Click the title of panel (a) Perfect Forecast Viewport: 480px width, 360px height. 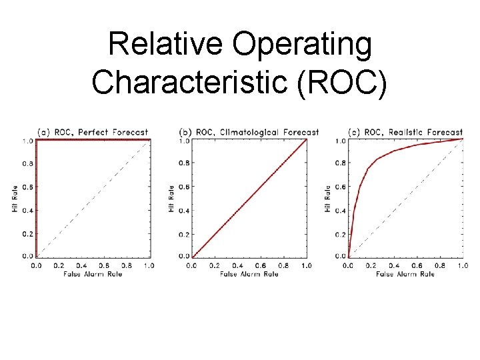93,132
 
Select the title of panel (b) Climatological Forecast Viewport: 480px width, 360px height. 249,132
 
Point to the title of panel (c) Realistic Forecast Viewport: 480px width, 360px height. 405,132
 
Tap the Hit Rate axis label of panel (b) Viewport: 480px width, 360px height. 171,199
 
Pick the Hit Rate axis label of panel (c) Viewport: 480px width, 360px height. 327,199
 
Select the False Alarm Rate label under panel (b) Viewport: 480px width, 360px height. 249,274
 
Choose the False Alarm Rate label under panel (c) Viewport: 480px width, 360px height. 405,274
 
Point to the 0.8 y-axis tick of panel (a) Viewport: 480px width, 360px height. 27,164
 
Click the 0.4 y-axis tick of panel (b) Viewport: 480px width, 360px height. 184,211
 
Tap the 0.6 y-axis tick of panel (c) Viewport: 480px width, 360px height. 340,187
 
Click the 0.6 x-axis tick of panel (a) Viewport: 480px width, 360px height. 104,265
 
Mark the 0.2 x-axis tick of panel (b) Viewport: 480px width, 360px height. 215,265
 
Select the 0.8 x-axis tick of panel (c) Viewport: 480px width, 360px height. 439,265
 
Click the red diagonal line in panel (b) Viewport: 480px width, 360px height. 249,199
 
